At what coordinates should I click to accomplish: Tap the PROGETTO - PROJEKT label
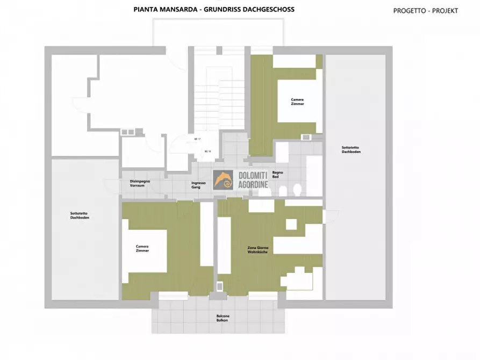tap(425, 10)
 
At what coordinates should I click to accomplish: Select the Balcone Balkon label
tap(219, 318)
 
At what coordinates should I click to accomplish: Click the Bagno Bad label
tap(278, 174)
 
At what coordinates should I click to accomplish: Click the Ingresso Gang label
tap(198, 185)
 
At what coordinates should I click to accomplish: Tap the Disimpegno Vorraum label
tap(140, 183)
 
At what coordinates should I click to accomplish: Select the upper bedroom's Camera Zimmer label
tap(297, 102)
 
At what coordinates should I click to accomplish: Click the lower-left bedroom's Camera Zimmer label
tap(142, 248)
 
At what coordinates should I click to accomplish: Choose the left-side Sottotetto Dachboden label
tap(79, 215)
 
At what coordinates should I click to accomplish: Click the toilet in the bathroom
tap(297, 190)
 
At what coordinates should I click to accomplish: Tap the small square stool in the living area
tap(291, 224)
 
